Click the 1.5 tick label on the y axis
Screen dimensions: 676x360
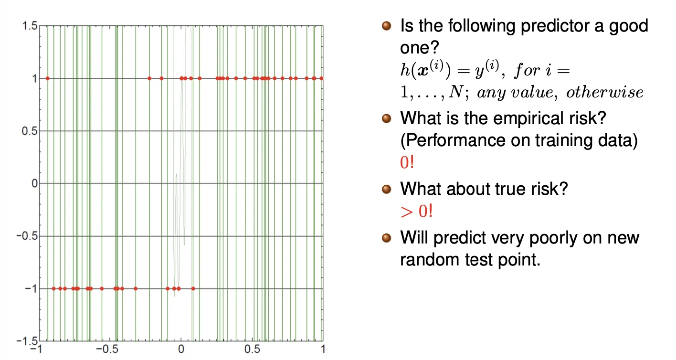coord(30,26)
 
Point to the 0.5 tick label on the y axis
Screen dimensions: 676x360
coord(30,131)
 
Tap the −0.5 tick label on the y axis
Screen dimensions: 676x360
coord(27,236)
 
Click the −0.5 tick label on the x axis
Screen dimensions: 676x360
coord(107,349)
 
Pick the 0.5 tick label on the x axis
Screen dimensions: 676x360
coord(252,349)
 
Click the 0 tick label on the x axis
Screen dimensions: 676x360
coord(181,349)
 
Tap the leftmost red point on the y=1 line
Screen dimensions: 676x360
coord(48,78)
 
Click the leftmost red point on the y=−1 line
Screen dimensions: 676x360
coord(54,288)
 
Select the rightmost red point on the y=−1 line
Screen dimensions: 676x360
coord(193,288)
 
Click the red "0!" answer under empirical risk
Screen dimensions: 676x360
coord(407,162)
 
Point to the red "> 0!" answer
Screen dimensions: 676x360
coord(416,211)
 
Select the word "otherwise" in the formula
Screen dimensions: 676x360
coord(605,92)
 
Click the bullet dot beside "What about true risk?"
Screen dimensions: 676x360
coord(386,189)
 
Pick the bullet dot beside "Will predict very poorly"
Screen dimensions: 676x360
coord(386,238)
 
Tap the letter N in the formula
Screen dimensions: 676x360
coord(455,92)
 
